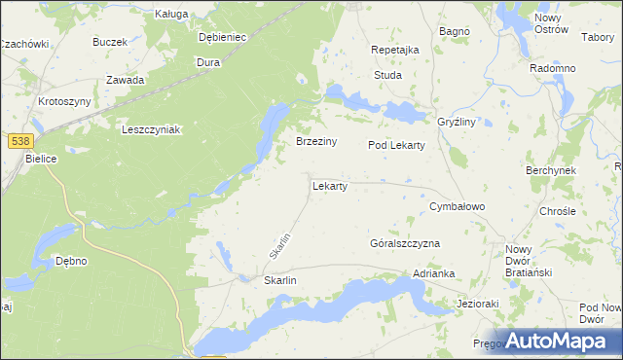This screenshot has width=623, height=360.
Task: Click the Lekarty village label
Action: tap(330, 185)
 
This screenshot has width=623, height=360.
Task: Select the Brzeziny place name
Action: tap(316, 142)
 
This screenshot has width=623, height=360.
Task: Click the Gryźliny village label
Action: tap(456, 123)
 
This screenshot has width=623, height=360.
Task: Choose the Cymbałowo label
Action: tap(457, 207)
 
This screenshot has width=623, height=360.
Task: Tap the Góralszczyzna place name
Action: tap(406, 243)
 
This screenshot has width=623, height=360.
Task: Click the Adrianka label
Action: tap(434, 274)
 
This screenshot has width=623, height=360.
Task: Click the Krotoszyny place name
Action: tap(64, 102)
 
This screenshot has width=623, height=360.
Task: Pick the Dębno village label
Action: tap(71, 261)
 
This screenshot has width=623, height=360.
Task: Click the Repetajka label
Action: tap(395, 50)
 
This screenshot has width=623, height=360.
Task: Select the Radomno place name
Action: tap(552, 69)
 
